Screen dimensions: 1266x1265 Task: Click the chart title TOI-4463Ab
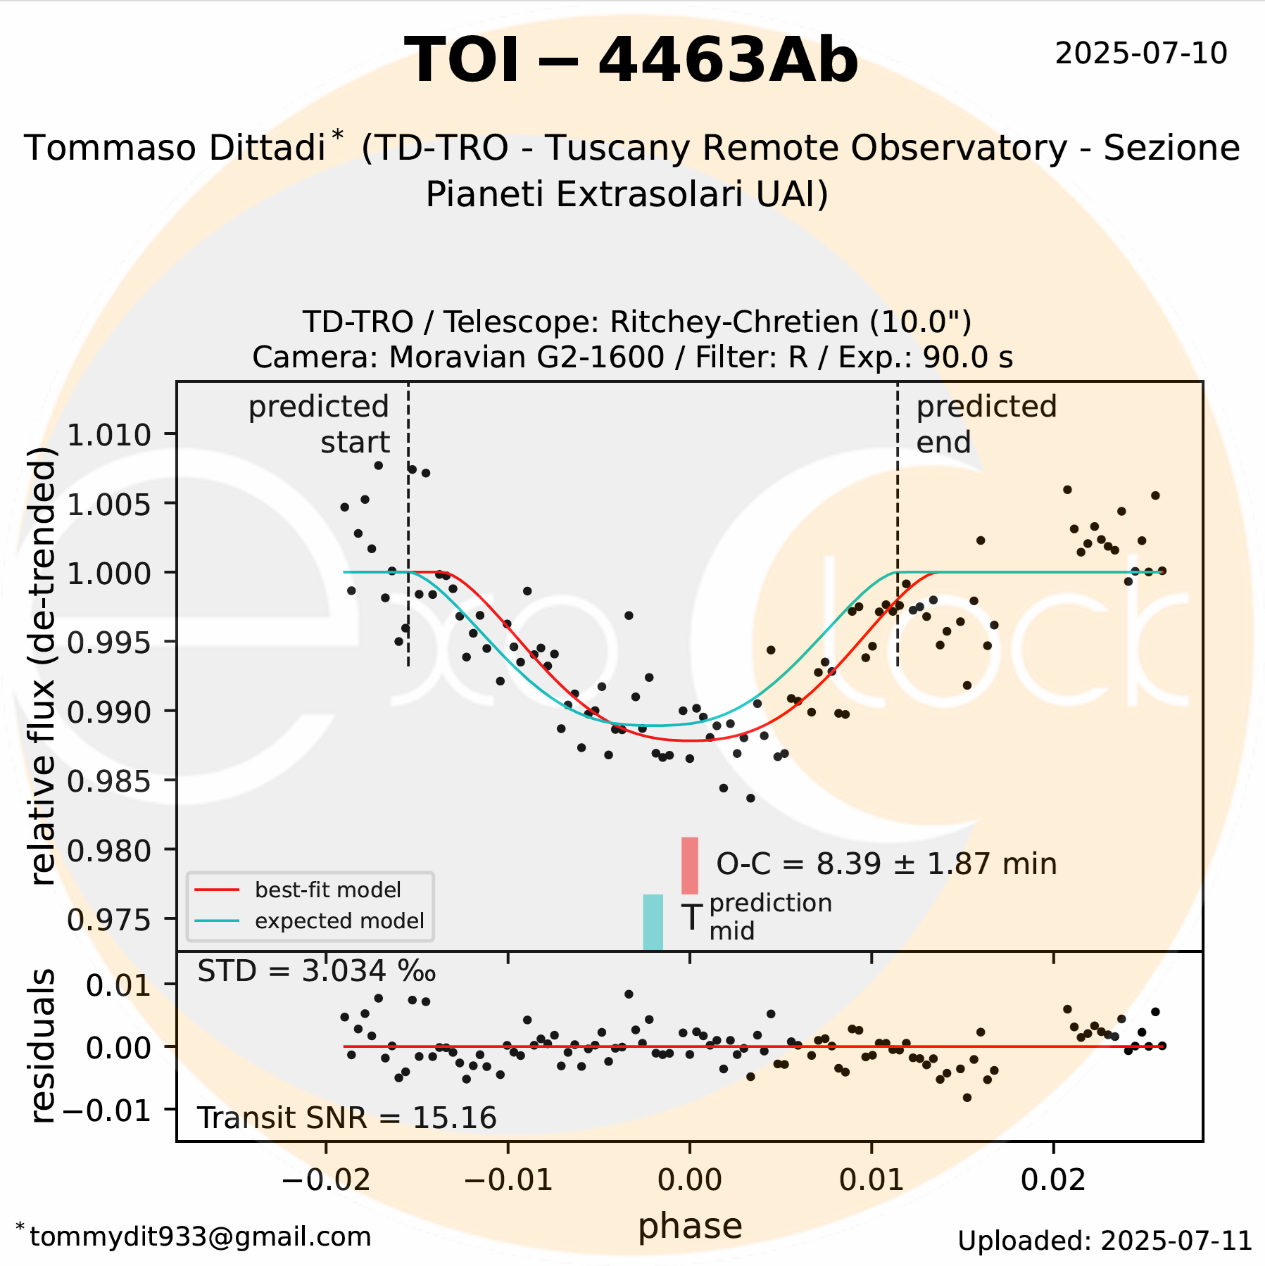point(631,61)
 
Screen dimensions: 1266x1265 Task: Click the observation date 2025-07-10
point(1140,54)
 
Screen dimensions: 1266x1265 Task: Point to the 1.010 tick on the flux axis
point(109,435)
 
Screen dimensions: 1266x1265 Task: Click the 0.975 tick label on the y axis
point(109,919)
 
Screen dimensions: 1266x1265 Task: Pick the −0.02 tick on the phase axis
point(326,1180)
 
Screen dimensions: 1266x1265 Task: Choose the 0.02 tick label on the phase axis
point(1053,1180)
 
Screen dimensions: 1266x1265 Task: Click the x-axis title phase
point(690,1226)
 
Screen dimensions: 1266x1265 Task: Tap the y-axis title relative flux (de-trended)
point(44,665)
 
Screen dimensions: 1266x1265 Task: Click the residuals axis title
point(44,1046)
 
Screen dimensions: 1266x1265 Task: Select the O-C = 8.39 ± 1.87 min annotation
point(886,864)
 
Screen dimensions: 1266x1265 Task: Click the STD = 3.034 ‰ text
point(316,972)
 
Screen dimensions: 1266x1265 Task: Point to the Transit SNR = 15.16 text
point(346,1118)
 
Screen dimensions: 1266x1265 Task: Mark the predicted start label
point(320,424)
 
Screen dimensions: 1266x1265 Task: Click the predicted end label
point(986,424)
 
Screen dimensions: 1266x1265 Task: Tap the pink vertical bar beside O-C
point(690,866)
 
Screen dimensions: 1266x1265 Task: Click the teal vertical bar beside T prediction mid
point(653,922)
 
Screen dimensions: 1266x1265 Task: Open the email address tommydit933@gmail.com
point(200,1236)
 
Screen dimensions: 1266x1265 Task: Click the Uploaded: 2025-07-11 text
point(1104,1241)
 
